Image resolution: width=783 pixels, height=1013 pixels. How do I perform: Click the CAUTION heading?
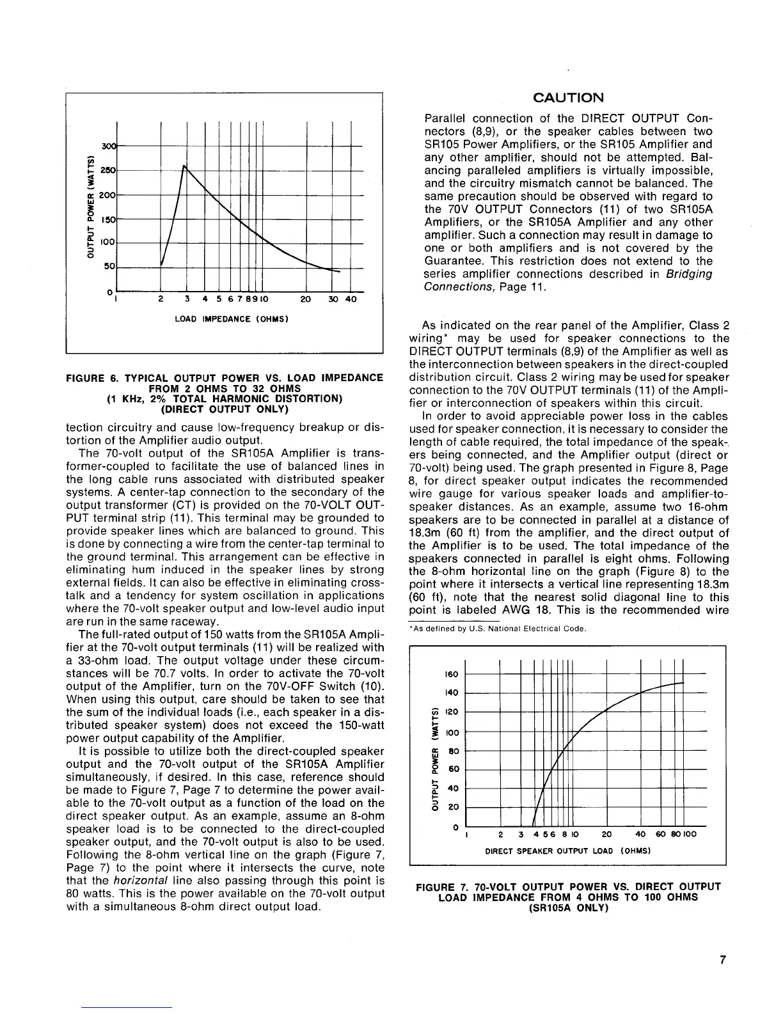click(x=568, y=98)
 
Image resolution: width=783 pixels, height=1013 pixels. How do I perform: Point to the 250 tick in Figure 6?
click(x=113, y=171)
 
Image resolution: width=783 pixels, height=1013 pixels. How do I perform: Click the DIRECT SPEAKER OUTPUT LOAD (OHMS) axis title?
click(x=567, y=851)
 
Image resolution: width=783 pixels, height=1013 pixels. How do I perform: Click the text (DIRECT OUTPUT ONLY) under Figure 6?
click(x=225, y=409)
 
